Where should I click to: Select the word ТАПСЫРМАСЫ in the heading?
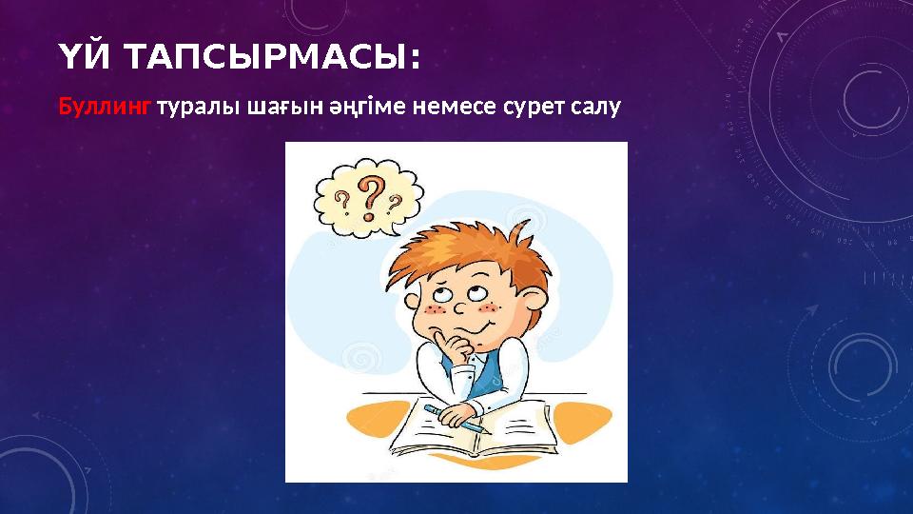259,59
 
